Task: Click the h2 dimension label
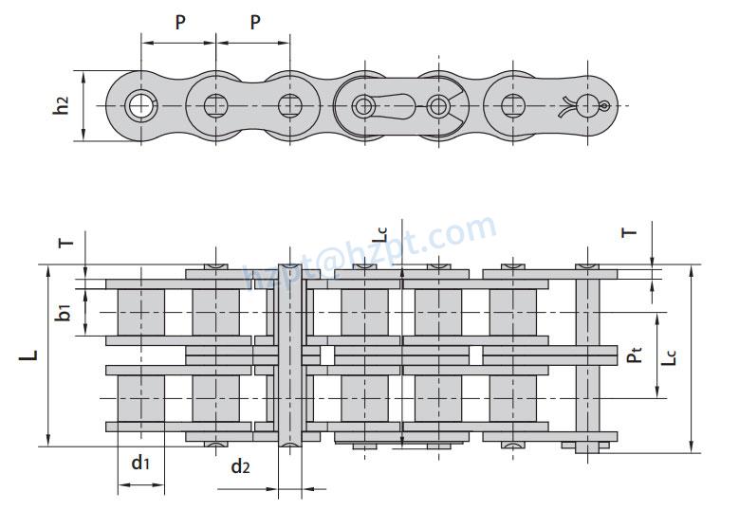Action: tap(62, 105)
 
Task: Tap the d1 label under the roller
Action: tap(140, 463)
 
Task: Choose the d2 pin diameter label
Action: tap(240, 466)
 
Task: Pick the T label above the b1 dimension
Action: tap(65, 243)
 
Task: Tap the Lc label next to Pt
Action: tap(671, 355)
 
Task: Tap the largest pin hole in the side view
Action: tap(141, 104)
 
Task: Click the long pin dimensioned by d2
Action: tap(290, 355)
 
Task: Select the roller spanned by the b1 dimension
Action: tap(141, 312)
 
